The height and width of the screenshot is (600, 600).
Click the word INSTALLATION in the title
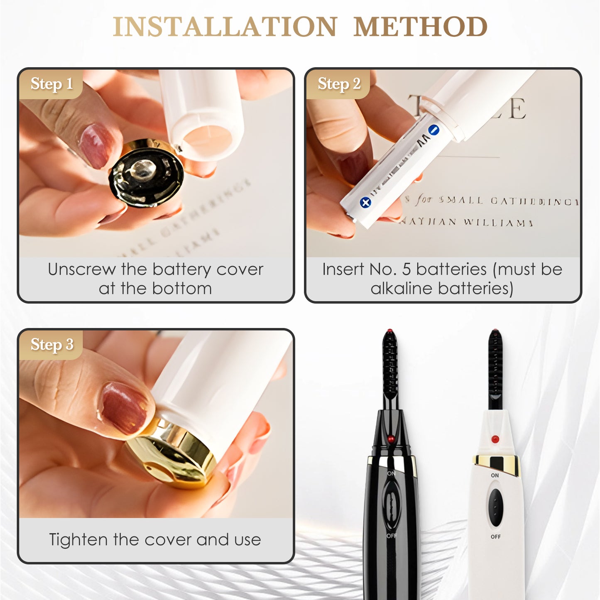(x=225, y=27)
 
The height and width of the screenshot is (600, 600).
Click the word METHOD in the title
(x=420, y=27)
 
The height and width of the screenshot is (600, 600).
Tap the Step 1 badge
(x=51, y=84)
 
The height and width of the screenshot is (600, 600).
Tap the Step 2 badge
(x=339, y=84)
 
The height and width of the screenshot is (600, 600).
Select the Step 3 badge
(x=52, y=345)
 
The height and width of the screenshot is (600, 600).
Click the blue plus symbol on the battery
(x=365, y=203)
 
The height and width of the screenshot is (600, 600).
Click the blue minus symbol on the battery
(x=433, y=130)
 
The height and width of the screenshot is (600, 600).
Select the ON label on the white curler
(x=495, y=475)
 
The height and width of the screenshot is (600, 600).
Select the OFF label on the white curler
(x=495, y=536)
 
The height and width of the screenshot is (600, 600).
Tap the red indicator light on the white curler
(x=495, y=439)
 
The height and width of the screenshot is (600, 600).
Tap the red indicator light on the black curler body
(x=390, y=438)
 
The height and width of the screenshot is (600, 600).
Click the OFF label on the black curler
(x=392, y=536)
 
